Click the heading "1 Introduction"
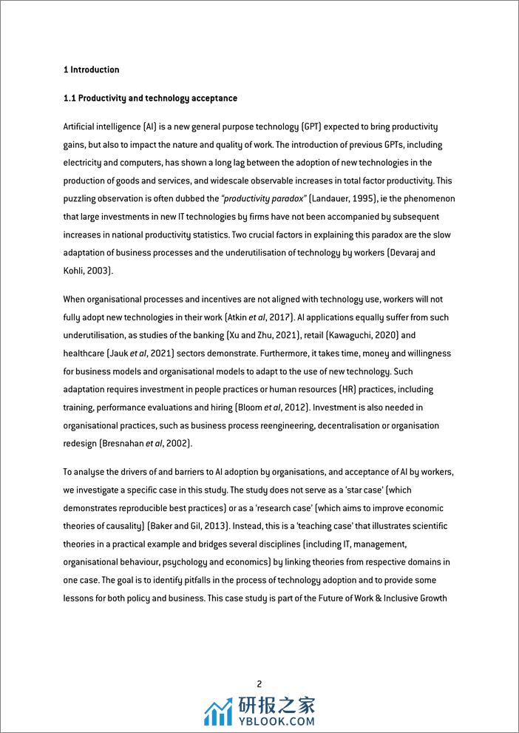pyautogui.click(x=91, y=70)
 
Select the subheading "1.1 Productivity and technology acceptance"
pyautogui.click(x=150, y=98)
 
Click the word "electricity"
pyautogui.click(x=84, y=163)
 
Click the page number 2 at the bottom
pyautogui.click(x=259, y=684)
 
